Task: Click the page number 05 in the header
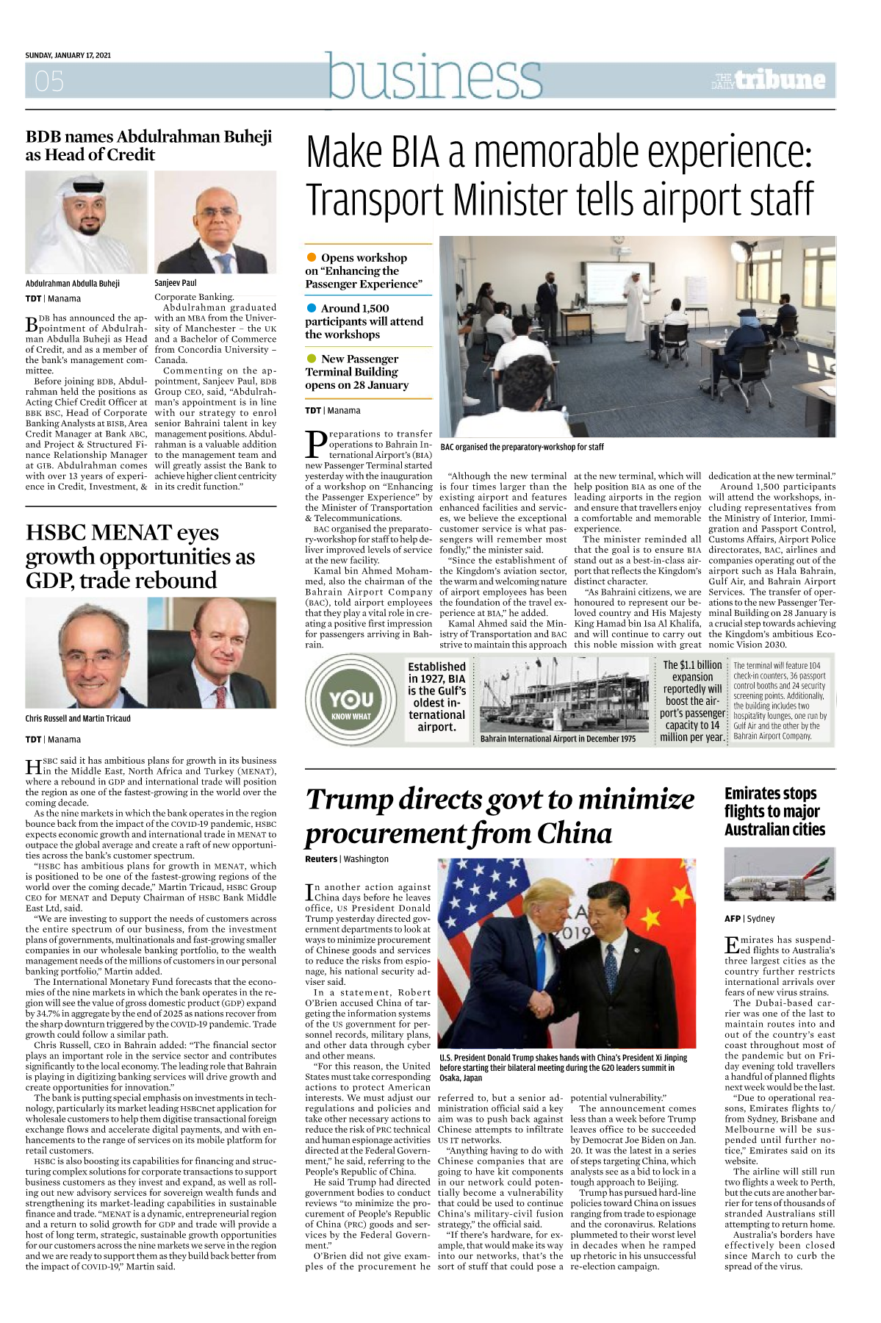click(x=49, y=81)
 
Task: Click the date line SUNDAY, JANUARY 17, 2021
click(x=68, y=55)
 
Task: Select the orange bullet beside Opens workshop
click(x=312, y=257)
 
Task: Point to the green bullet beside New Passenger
click(x=312, y=359)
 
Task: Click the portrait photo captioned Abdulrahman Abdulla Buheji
click(x=86, y=223)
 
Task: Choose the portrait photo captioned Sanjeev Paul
click(x=215, y=223)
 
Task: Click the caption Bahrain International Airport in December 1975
click(x=558, y=739)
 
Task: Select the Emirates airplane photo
click(x=780, y=875)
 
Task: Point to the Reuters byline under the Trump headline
click(x=321, y=858)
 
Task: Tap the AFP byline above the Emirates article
click(x=733, y=919)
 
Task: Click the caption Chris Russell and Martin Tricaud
click(x=78, y=719)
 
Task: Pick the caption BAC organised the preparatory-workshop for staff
click(x=522, y=447)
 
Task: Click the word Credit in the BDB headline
click(x=132, y=155)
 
